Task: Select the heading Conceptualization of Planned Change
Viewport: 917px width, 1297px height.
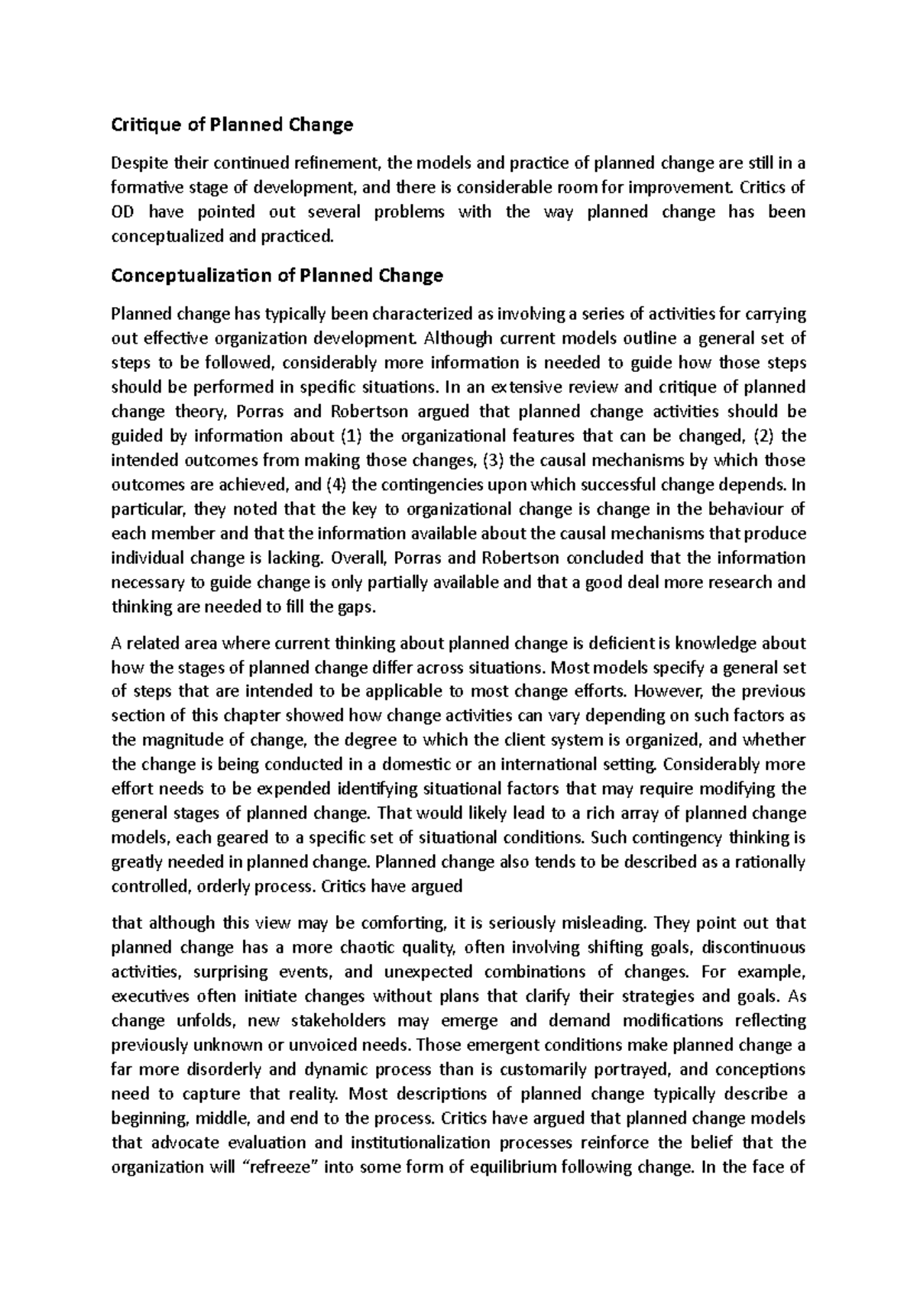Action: point(277,276)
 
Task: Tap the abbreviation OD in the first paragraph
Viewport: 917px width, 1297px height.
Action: point(122,212)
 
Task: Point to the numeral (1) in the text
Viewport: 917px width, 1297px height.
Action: point(346,436)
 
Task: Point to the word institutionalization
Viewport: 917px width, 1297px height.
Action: point(420,1143)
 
